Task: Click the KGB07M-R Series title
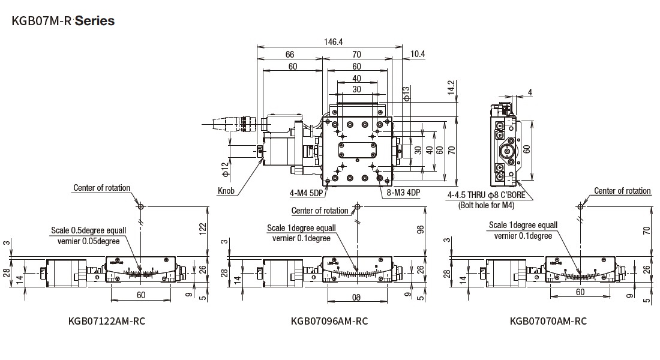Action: pyautogui.click(x=63, y=21)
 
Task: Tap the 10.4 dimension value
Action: pyautogui.click(x=418, y=54)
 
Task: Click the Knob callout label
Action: pyautogui.click(x=227, y=193)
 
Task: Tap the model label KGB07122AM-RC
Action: pyautogui.click(x=107, y=321)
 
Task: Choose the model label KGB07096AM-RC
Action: pyautogui.click(x=329, y=321)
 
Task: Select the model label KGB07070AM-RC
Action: pyautogui.click(x=548, y=321)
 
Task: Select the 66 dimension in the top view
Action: pyautogui.click(x=289, y=55)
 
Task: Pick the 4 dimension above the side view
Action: pyautogui.click(x=530, y=92)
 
